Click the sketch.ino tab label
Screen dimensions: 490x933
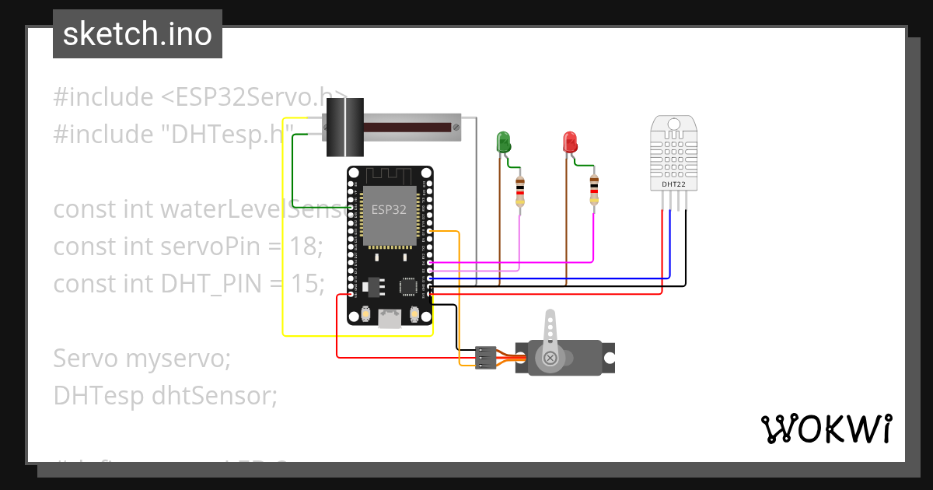[x=137, y=34]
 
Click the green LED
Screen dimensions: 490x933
[x=503, y=142]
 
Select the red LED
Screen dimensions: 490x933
[x=570, y=142]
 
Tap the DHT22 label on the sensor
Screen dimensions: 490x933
[x=673, y=184]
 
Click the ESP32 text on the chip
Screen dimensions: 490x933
[x=388, y=209]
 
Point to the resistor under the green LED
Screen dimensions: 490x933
[x=520, y=191]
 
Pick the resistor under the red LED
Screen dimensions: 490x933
[x=594, y=191]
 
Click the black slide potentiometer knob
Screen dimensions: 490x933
[x=344, y=128]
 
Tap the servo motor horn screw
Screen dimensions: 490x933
[x=550, y=358]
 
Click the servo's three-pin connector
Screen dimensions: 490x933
[x=485, y=358]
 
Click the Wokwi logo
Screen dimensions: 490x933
[x=826, y=429]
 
